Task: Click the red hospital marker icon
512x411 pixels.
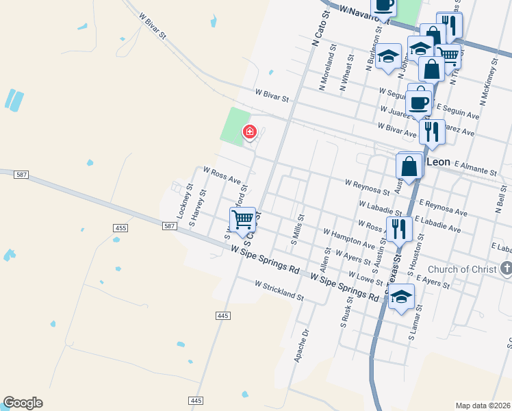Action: tap(250, 132)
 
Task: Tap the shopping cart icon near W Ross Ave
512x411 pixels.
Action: tap(242, 219)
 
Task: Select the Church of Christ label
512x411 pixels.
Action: tap(463, 269)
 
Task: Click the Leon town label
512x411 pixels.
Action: tap(438, 162)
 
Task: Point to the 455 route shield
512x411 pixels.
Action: tap(121, 227)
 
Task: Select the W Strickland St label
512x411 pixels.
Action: tap(279, 289)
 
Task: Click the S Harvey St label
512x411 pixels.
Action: tap(198, 209)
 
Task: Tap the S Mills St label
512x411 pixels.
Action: tap(296, 229)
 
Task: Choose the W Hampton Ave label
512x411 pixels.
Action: tap(349, 239)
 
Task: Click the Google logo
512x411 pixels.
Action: tap(23, 403)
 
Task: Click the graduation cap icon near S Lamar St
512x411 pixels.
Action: tap(402, 297)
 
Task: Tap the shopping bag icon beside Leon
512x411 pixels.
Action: tap(409, 166)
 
